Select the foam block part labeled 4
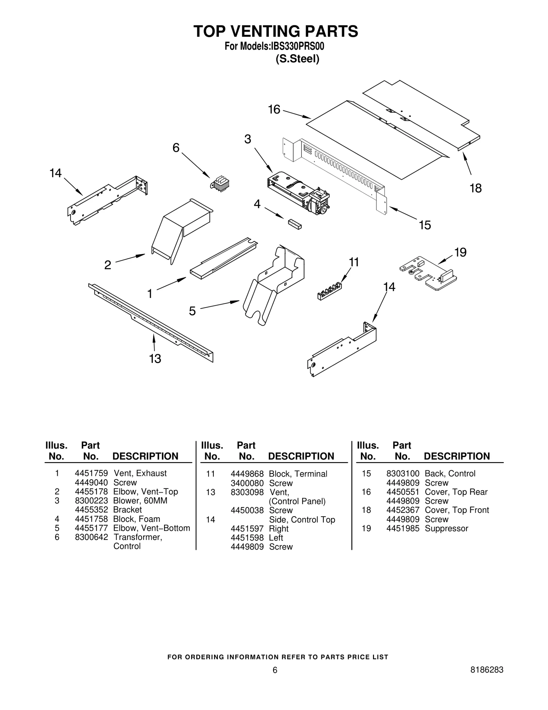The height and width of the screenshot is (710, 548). [295, 224]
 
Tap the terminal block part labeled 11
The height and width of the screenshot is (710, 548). [329, 291]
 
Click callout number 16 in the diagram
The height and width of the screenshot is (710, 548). [274, 110]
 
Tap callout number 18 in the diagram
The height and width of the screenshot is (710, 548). [475, 188]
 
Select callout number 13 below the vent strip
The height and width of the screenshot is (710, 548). [155, 359]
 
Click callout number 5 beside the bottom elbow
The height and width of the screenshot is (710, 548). [192, 311]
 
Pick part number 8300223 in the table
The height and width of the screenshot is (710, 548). [91, 501]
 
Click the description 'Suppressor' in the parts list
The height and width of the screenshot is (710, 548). [446, 528]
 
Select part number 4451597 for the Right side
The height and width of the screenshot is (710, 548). [247, 529]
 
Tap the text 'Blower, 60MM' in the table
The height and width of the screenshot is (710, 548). [140, 501]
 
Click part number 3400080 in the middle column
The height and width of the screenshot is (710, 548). [247, 483]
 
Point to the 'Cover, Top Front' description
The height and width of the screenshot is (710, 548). [457, 510]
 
